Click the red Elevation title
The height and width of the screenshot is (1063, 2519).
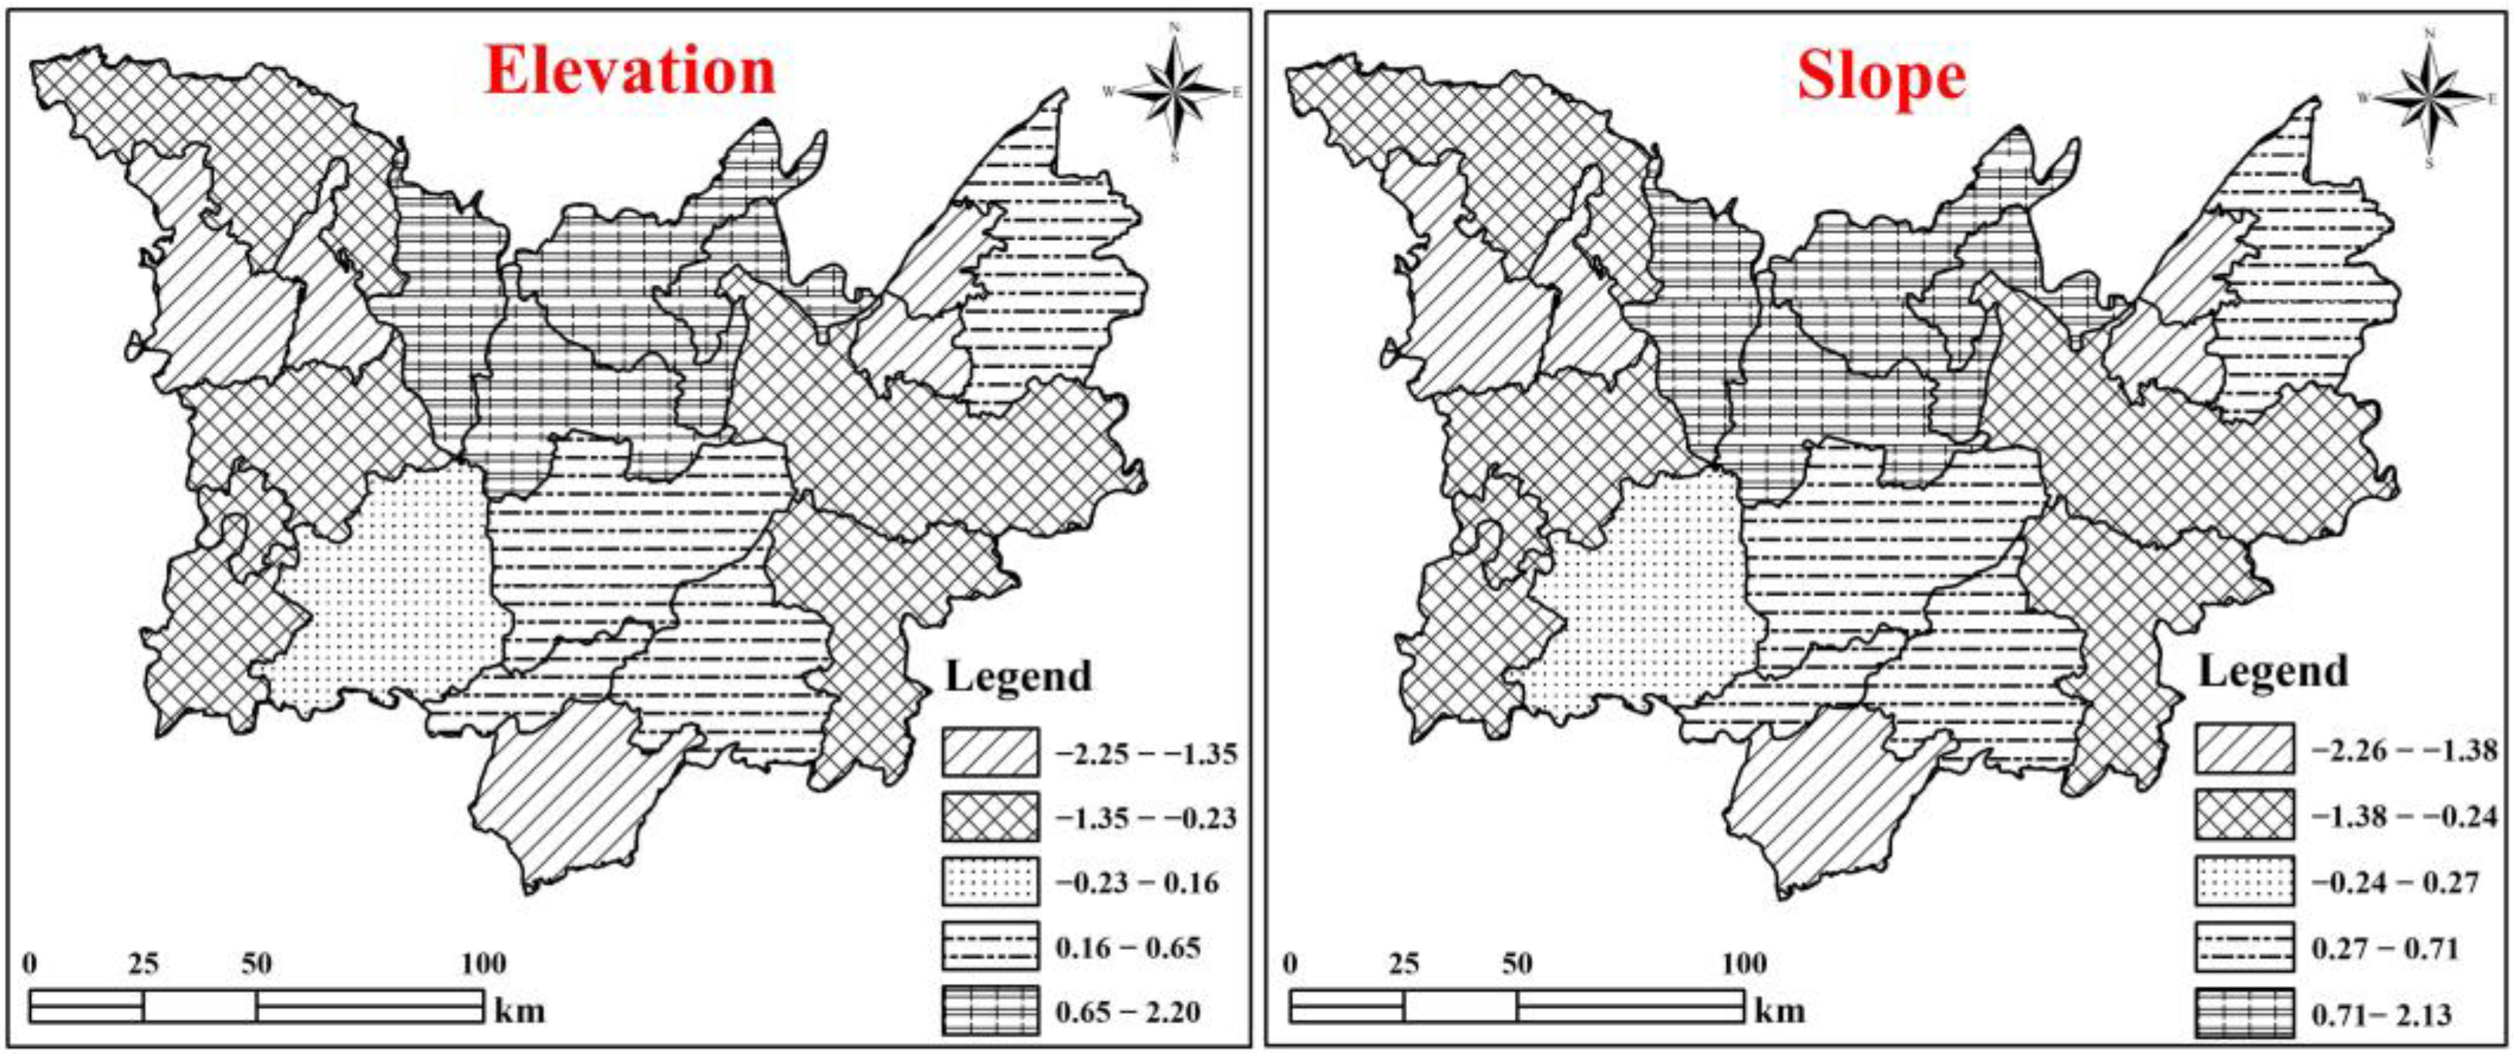click(630, 71)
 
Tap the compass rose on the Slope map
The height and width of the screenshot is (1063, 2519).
click(2429, 97)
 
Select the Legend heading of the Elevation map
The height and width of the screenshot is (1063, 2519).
click(1018, 677)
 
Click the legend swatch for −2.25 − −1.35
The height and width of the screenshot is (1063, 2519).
click(989, 753)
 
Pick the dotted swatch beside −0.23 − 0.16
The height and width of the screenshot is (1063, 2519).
click(989, 882)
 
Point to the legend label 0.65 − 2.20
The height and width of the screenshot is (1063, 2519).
click(1128, 1011)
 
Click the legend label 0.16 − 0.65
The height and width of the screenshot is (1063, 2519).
click(1128, 947)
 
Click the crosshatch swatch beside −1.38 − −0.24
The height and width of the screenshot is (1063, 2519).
click(2243, 816)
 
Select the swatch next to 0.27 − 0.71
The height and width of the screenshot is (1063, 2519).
click(2243, 947)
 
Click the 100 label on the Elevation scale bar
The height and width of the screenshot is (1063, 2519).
click(484, 964)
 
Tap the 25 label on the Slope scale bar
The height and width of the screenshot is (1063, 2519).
click(1403, 964)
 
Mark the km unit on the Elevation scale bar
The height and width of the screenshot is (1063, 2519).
click(520, 1009)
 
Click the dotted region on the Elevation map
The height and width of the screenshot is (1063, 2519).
click(391, 607)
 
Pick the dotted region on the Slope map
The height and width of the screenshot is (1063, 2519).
click(1642, 607)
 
